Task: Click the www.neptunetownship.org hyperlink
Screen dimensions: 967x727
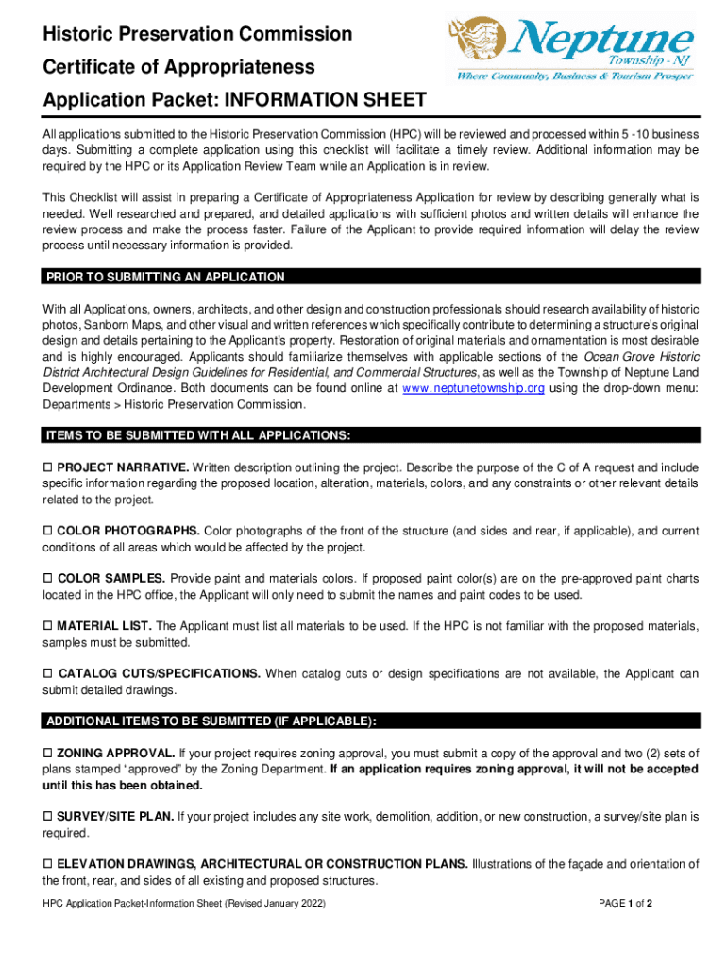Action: pos(473,389)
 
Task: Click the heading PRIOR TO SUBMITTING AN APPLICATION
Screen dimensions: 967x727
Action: pos(165,277)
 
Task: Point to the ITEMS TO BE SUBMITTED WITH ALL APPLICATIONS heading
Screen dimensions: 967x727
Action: pos(198,435)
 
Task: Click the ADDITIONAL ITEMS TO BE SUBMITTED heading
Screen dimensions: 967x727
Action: pos(211,721)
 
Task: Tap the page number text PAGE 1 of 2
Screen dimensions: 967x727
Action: pos(626,904)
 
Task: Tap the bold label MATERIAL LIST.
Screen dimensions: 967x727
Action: pos(104,626)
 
